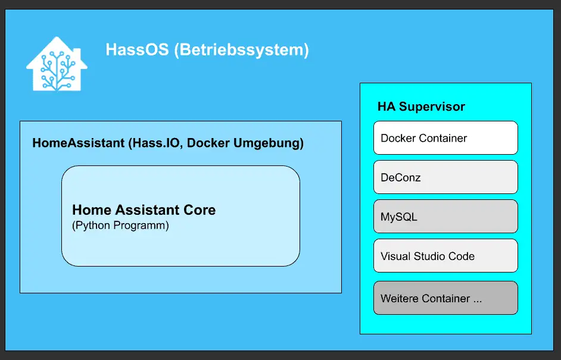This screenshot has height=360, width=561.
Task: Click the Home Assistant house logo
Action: pos(57,64)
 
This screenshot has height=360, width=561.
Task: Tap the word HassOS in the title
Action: pos(137,49)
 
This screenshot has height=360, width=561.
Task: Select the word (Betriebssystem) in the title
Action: pos(242,50)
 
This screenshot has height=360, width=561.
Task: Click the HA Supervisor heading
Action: pos(421,107)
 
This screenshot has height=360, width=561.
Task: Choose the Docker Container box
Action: pos(445,137)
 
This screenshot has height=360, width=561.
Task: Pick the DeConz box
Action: pos(445,177)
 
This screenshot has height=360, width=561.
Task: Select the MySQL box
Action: pos(445,216)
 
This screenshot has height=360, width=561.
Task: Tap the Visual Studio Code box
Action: pos(445,256)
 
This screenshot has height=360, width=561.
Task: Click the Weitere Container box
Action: pos(445,298)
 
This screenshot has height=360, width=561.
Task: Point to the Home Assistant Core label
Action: pos(144,210)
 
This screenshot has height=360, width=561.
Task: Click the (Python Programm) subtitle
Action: pos(120,226)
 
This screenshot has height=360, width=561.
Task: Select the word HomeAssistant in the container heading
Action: pos(79,143)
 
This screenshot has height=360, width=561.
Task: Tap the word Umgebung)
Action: pos(269,143)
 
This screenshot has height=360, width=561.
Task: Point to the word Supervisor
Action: pos(432,107)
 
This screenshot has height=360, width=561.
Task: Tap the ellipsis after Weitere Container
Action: pos(477,301)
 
